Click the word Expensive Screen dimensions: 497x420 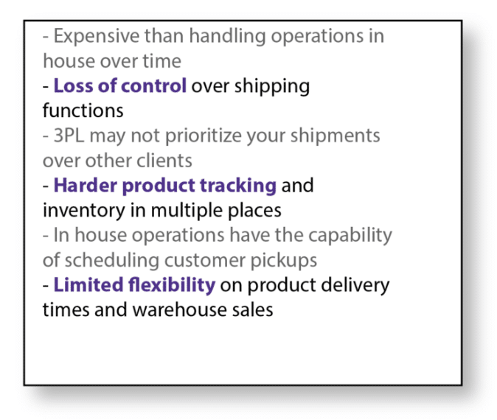pyautogui.click(x=97, y=37)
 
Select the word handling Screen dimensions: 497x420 pyautogui.click(x=227, y=35)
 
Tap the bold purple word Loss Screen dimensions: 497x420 pyautogui.click(x=73, y=85)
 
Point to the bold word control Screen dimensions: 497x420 pyautogui.click(x=153, y=85)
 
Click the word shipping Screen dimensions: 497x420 pyautogui.click(x=272, y=87)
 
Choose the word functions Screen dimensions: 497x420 pyautogui.click(x=83, y=111)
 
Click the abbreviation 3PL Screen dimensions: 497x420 pyautogui.click(x=69, y=136)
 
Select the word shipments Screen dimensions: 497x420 pyautogui.click(x=336, y=136)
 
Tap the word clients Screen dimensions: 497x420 pyautogui.click(x=164, y=161)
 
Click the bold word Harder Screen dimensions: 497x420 pyautogui.click(x=86, y=185)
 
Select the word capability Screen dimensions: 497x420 pyautogui.click(x=350, y=236)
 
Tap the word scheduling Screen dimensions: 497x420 pyautogui.click(x=112, y=261)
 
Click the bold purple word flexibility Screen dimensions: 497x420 pyautogui.click(x=172, y=285)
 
